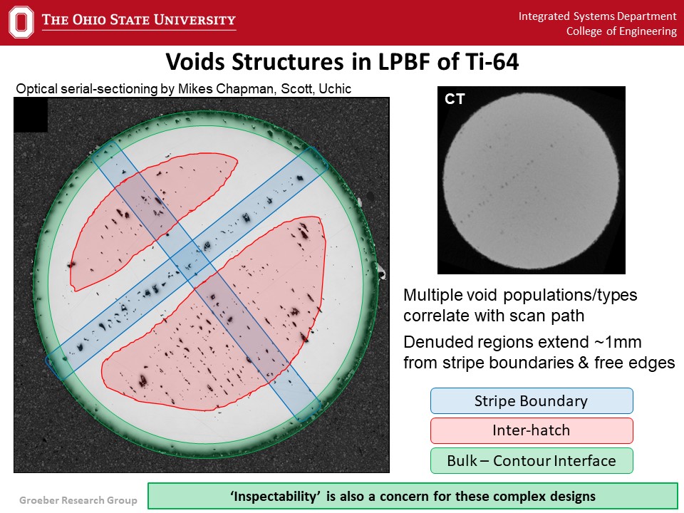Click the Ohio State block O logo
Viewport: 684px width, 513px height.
[x=21, y=22]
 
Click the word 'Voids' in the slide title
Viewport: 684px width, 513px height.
[x=195, y=61]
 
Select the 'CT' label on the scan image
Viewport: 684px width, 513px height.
[x=455, y=99]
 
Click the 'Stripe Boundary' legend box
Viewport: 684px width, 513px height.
[x=532, y=401]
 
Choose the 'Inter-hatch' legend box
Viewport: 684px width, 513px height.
[x=532, y=430]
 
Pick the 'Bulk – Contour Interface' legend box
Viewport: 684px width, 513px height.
[x=532, y=461]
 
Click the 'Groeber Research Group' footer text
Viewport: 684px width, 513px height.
[x=78, y=500]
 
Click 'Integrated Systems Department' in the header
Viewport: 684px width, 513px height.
[x=597, y=16]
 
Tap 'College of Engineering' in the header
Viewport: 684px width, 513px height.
[x=621, y=31]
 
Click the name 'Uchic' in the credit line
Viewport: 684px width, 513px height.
[x=335, y=88]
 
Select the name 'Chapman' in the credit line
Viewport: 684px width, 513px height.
[x=246, y=89]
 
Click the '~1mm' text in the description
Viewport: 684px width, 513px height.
[x=618, y=342]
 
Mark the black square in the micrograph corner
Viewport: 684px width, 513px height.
[x=31, y=115]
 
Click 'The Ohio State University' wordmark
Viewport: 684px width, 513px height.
[x=139, y=20]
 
